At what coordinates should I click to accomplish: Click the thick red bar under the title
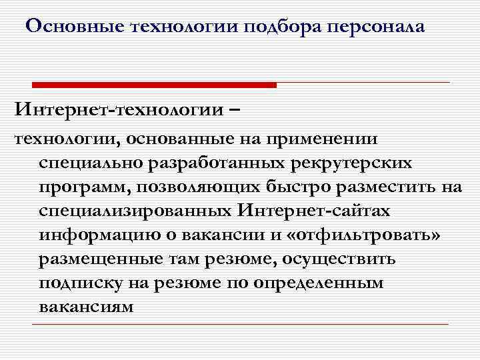click(155, 85)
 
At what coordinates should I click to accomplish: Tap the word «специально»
click(91, 163)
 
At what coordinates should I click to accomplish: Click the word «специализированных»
click(134, 211)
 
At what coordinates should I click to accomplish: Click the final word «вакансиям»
click(85, 307)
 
